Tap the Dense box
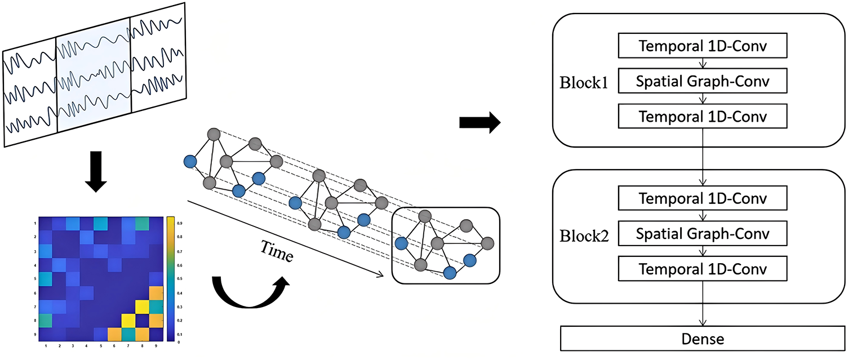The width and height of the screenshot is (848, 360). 702,339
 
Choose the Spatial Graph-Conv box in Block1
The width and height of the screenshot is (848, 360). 702,82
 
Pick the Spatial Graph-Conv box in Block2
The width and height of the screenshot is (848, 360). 702,233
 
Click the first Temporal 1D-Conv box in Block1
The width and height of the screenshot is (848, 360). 702,46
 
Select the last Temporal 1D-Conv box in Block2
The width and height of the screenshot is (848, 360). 702,269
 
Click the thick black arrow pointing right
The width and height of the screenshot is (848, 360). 480,123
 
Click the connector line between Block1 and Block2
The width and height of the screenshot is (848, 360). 702,158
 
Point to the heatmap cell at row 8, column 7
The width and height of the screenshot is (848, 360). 129,321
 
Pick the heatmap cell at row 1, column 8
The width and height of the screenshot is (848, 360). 143,224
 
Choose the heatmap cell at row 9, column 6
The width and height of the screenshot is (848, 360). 115,335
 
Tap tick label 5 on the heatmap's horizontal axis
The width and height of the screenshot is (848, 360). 101,345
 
